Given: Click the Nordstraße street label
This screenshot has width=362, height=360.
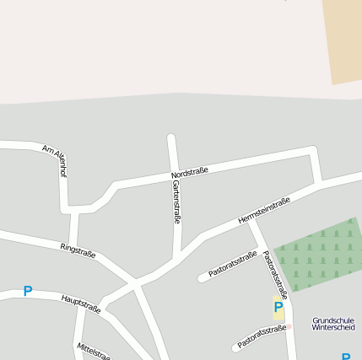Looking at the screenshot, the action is click(189, 172).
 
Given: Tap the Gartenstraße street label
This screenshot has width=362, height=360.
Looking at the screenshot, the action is click(176, 201).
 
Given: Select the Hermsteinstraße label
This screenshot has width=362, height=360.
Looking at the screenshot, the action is click(264, 210).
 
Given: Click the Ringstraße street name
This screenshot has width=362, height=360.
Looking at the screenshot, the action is click(78, 250).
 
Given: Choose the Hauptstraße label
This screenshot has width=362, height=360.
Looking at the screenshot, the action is click(81, 304).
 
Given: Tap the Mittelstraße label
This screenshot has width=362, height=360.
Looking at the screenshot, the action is click(94, 351).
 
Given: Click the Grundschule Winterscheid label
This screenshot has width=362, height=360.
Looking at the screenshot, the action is click(333, 325).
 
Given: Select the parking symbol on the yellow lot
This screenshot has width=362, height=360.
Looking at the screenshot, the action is click(278, 308).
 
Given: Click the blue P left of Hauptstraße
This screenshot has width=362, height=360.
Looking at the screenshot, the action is click(27, 292).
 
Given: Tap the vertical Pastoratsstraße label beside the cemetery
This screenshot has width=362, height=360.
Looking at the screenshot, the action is click(275, 274).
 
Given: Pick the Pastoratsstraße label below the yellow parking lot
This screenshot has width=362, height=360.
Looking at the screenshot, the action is click(262, 337).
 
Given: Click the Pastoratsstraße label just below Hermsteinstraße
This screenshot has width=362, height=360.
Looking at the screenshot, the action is click(232, 264).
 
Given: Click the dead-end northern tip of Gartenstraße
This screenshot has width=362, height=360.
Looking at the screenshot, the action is click(170, 137).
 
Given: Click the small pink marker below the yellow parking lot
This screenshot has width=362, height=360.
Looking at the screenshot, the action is click(287, 326).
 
